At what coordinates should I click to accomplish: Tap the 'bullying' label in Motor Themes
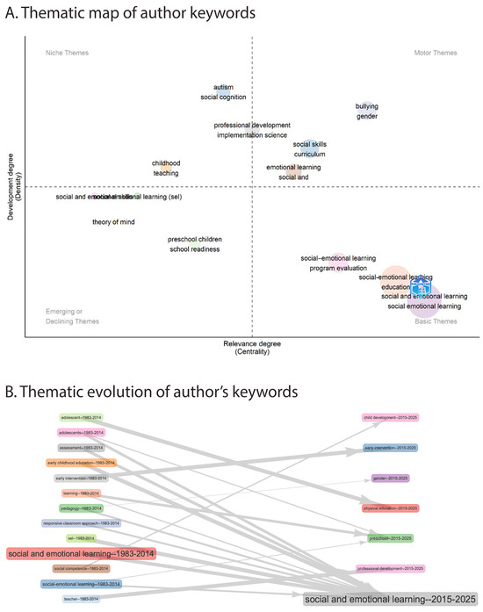pyautogui.click(x=366, y=106)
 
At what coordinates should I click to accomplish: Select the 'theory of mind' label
pyautogui.click(x=113, y=222)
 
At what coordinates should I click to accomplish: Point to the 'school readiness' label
pyautogui.click(x=194, y=249)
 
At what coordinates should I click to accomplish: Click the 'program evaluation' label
pyautogui.click(x=338, y=268)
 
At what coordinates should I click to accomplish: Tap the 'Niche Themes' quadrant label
pyautogui.click(x=67, y=54)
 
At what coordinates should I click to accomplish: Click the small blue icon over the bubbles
pyautogui.click(x=421, y=287)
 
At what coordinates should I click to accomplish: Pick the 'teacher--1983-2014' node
pyautogui.click(x=81, y=598)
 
